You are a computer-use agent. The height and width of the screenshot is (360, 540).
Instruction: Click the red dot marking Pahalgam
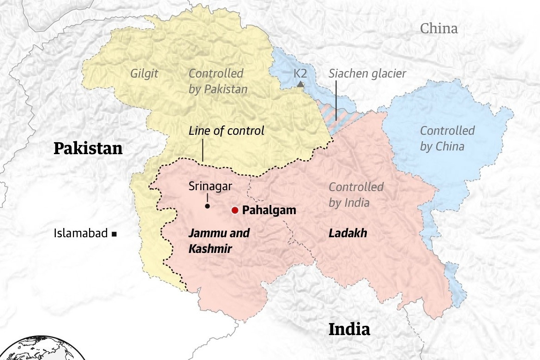tap(234, 210)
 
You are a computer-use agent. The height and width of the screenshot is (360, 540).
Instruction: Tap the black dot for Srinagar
tap(208, 206)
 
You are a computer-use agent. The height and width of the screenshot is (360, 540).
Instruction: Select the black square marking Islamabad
tap(114, 234)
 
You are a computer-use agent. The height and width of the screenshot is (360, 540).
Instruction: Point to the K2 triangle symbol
tap(300, 84)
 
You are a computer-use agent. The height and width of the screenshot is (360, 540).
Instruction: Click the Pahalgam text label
tap(269, 210)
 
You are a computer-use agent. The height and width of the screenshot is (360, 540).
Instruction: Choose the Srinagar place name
tap(210, 186)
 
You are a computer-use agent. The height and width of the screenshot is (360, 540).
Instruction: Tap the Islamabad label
tap(80, 234)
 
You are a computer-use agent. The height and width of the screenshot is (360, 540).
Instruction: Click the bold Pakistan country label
tap(88, 149)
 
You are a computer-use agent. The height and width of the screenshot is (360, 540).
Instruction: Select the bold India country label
tap(349, 330)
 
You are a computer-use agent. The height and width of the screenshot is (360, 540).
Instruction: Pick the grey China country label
tap(438, 29)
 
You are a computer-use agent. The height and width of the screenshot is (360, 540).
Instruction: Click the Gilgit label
tap(144, 73)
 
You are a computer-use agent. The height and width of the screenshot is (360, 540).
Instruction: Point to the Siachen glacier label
tap(367, 73)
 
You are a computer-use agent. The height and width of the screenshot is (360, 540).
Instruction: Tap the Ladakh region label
tap(348, 234)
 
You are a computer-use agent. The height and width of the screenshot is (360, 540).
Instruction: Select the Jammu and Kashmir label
tap(218, 240)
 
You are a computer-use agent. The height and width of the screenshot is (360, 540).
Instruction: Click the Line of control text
tap(226, 131)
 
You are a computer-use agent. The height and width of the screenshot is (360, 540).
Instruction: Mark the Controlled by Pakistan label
tap(218, 81)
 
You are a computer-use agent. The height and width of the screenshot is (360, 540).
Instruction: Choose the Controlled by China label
tap(447, 138)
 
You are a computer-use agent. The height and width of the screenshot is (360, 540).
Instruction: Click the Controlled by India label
tap(355, 194)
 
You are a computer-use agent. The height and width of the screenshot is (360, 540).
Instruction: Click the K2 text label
tap(300, 73)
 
